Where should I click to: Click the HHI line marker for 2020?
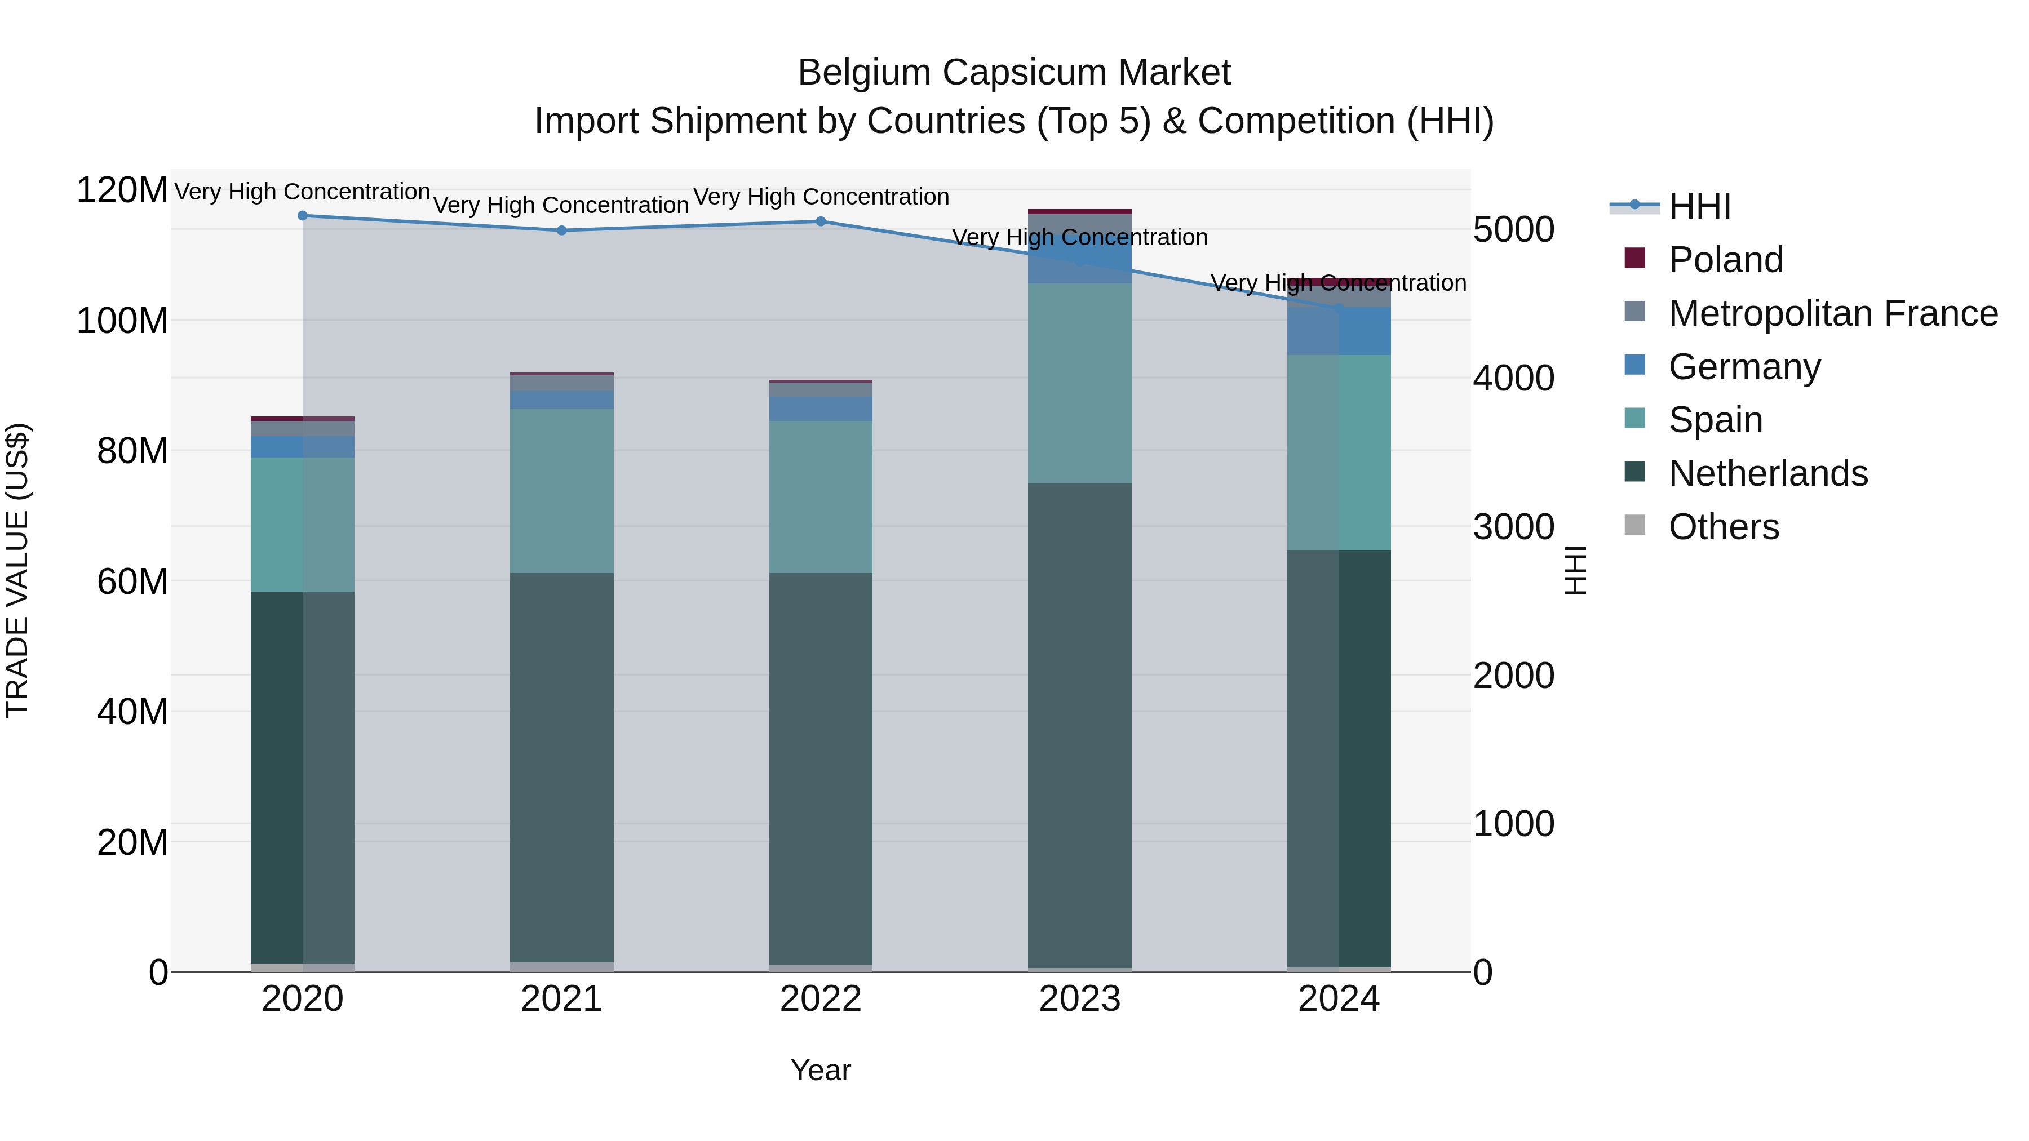coord(303,216)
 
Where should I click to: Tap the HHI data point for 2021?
coord(561,230)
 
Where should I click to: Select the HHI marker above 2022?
coord(821,221)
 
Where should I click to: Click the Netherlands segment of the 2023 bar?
coord(1079,725)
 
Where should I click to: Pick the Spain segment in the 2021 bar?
coord(561,491)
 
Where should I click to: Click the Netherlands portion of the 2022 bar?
coord(821,768)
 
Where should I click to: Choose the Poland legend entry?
coord(1725,260)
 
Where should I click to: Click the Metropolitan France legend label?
coord(1833,313)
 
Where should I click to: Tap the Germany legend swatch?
coord(1635,365)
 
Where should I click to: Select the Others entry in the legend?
coord(1724,527)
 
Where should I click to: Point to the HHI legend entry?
coord(1699,206)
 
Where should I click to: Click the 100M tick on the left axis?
coord(122,321)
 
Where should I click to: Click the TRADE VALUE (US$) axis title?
coord(17,570)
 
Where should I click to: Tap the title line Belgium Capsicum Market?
coord(1014,73)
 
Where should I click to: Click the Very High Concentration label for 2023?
coord(1079,237)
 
